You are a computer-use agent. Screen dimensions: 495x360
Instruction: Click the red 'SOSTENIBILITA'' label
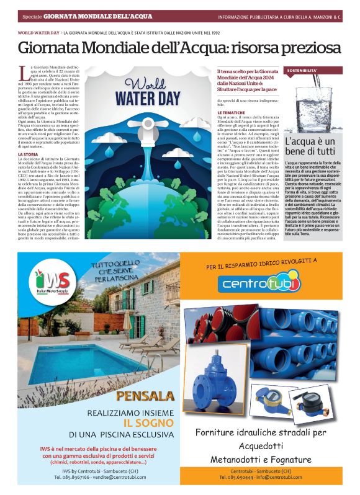pyautogui.click(x=302, y=71)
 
